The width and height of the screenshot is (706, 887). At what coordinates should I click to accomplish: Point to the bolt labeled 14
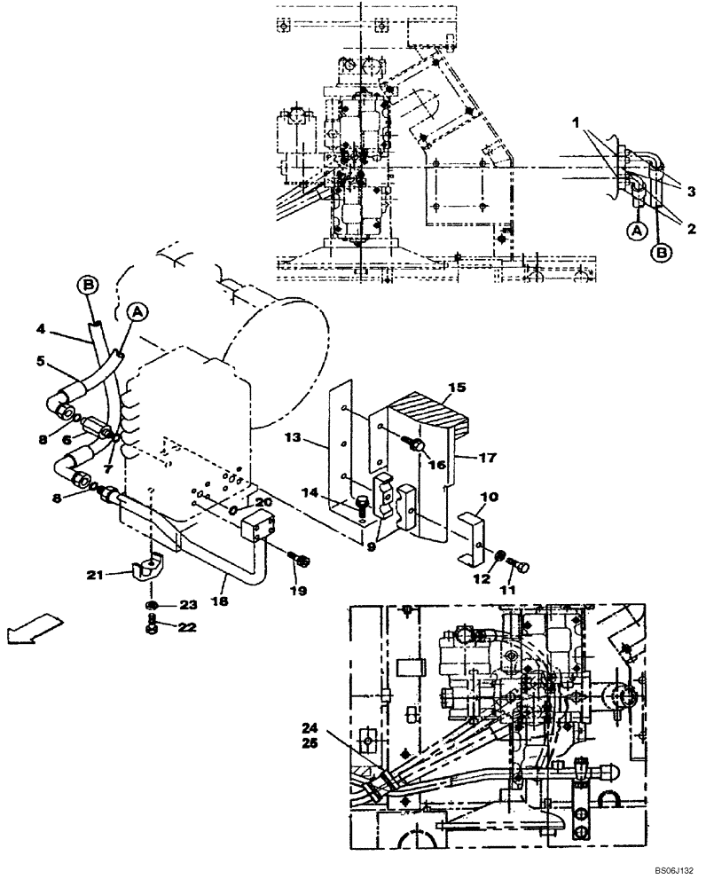[x=361, y=506]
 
